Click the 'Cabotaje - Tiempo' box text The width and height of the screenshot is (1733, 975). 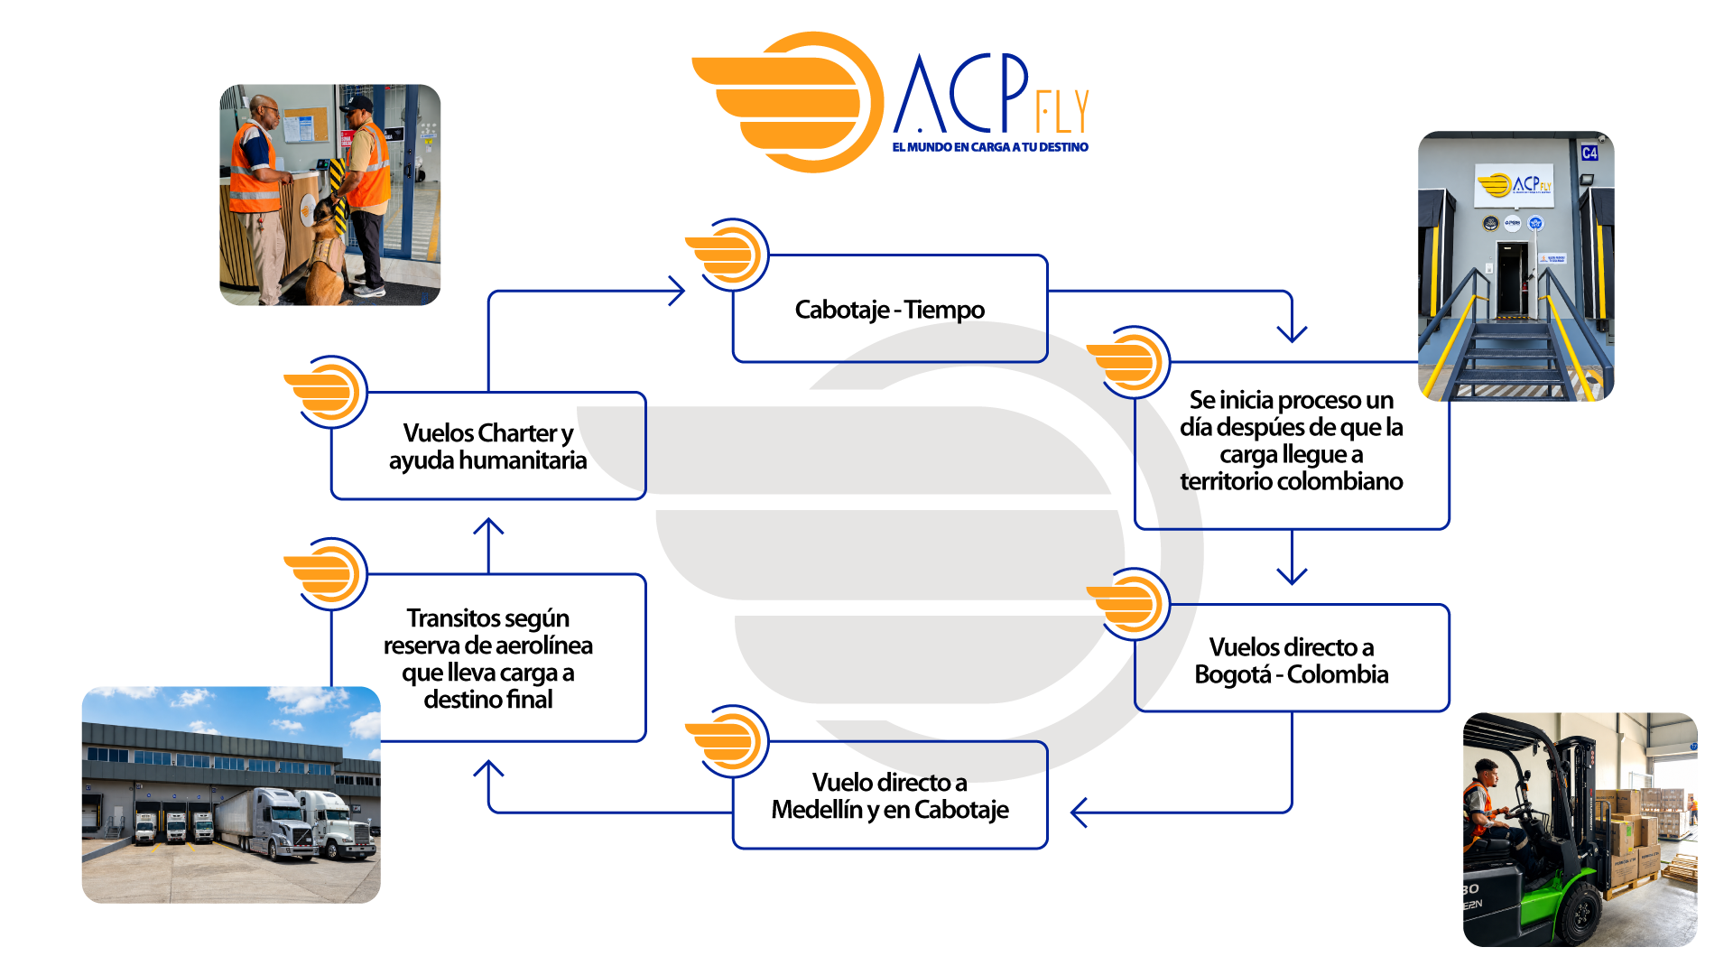(889, 310)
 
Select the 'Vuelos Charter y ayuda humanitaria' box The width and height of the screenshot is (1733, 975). (488, 445)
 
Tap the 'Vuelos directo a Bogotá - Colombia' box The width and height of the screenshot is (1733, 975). (1292, 658)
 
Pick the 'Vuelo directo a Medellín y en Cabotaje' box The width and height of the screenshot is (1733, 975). (890, 795)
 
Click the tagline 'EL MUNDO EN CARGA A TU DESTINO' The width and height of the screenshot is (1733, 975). (990, 147)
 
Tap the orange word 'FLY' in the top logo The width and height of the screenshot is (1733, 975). (1062, 112)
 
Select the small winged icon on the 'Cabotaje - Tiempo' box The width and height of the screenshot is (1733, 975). (727, 255)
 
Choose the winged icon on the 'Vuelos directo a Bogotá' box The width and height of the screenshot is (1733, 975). (1128, 604)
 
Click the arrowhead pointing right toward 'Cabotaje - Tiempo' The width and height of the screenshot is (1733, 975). (676, 291)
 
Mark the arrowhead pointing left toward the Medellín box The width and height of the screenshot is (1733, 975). (1079, 812)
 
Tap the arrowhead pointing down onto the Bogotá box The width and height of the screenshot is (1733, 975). (1292, 575)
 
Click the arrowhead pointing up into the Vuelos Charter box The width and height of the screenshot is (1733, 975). (488, 526)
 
